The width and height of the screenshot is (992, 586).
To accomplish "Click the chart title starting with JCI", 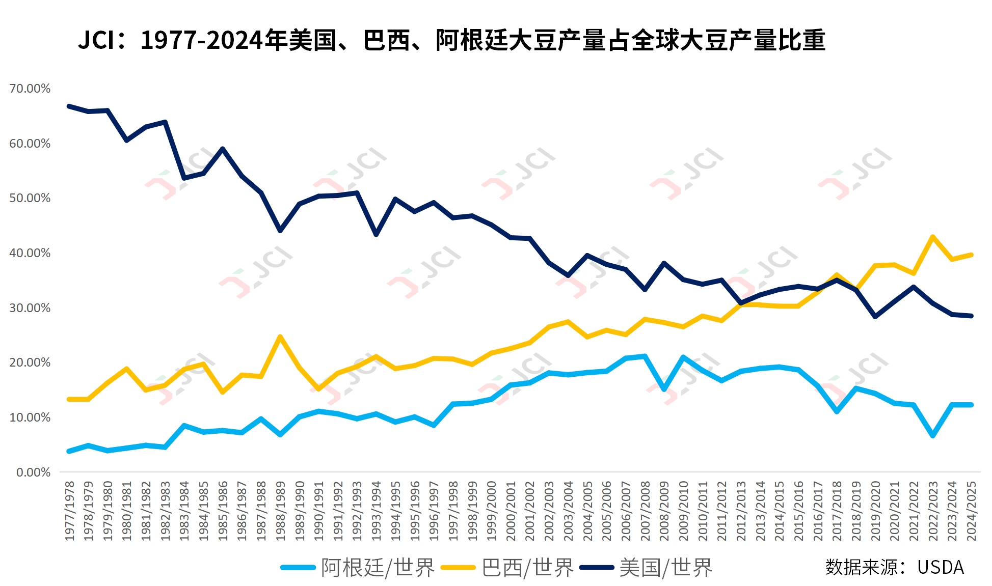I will [451, 40].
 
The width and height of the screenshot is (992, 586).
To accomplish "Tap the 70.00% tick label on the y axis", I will [30, 89].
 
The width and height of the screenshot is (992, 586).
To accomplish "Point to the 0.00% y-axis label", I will [33, 472].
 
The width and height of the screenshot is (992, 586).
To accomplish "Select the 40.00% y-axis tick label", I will [30, 253].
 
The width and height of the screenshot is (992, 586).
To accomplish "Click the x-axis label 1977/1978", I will [69, 511].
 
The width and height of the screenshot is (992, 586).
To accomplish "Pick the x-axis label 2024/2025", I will [971, 511].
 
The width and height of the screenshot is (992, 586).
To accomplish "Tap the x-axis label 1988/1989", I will [280, 511].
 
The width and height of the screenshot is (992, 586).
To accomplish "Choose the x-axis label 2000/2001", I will [511, 511].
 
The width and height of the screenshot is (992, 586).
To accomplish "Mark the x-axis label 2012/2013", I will [741, 511].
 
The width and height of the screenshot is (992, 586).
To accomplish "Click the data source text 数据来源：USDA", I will [894, 567].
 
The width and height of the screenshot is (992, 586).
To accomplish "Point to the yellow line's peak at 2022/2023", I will [932, 237].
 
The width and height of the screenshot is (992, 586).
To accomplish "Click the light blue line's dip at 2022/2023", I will [932, 436].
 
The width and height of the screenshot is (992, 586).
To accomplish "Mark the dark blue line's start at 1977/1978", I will [69, 106].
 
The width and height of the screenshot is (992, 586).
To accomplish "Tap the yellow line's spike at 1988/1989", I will [280, 337].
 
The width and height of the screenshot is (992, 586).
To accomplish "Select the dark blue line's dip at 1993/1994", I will [376, 235].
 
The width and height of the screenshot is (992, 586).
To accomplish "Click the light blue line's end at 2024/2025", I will [971, 405].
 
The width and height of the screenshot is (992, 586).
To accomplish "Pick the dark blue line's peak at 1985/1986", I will [223, 149].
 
